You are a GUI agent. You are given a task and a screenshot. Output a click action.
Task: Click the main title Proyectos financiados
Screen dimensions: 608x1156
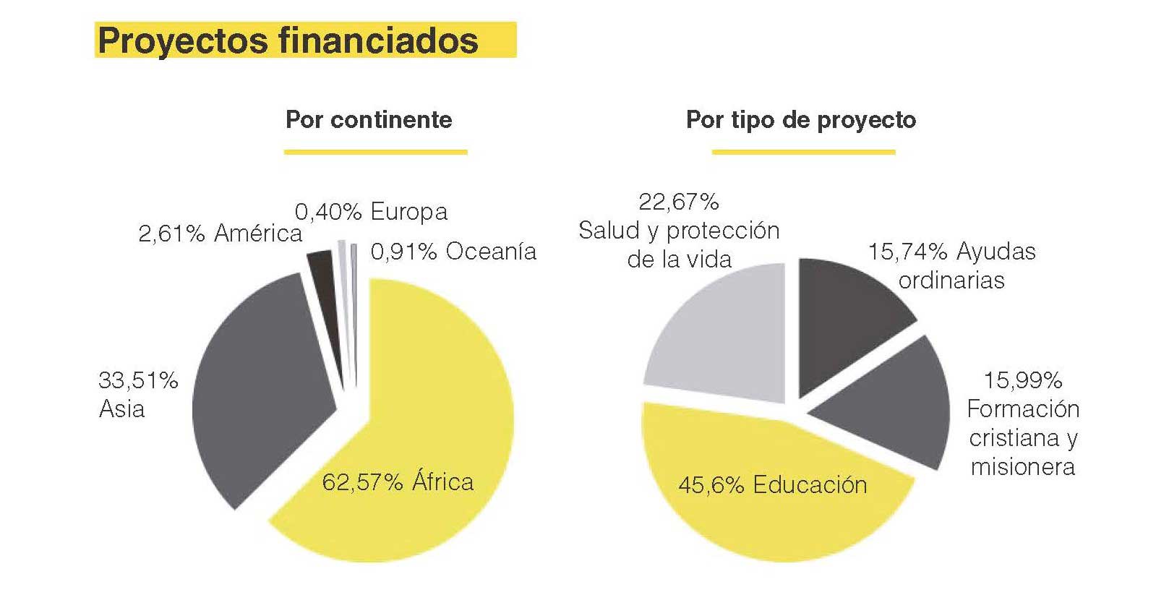[288, 40]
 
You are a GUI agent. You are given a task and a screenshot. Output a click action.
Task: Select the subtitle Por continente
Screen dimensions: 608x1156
[369, 119]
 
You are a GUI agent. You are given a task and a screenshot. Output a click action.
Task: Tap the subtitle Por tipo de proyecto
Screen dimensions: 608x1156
[800, 119]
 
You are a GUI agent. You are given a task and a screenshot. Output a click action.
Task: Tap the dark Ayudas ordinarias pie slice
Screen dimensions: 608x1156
[846, 311]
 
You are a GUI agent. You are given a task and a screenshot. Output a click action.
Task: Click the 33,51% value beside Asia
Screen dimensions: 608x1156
[138, 380]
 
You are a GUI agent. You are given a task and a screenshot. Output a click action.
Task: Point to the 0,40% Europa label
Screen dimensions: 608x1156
[371, 212]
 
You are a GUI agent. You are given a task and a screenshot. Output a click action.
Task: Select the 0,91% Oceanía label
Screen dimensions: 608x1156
[453, 252]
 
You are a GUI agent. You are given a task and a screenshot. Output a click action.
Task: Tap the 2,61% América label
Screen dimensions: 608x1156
[220, 234]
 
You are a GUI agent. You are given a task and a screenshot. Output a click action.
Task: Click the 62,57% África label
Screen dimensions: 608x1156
[398, 482]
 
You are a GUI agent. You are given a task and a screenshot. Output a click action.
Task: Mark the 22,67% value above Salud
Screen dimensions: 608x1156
[678, 202]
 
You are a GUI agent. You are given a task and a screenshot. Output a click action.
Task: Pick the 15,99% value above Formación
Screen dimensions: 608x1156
[1022, 380]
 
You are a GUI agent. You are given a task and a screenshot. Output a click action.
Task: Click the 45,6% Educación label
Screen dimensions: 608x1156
[772, 485]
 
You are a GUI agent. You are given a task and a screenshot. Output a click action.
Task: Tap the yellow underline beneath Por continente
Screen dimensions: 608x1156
[375, 152]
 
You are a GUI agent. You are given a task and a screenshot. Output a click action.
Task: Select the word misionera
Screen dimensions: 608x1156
[1022, 467]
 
